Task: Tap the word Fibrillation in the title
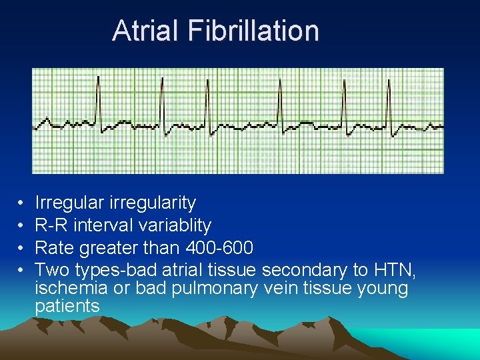point(253,31)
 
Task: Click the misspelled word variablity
point(173,225)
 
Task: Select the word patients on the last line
point(67,306)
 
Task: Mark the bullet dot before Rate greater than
point(21,249)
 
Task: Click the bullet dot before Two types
point(21,271)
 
